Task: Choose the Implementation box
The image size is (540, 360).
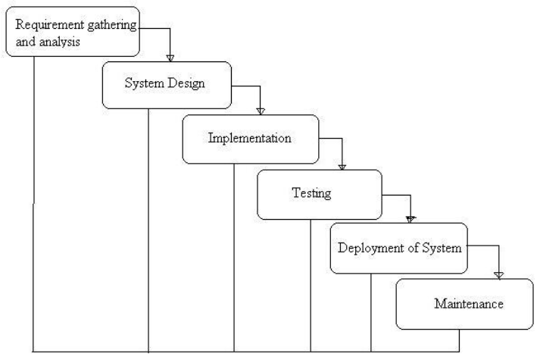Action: coord(249,139)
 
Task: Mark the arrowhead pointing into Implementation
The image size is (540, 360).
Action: coord(261,111)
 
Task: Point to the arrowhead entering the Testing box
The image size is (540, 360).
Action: coord(343,166)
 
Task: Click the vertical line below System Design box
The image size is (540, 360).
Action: coord(148,227)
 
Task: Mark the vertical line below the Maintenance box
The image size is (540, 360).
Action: coord(459,340)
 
